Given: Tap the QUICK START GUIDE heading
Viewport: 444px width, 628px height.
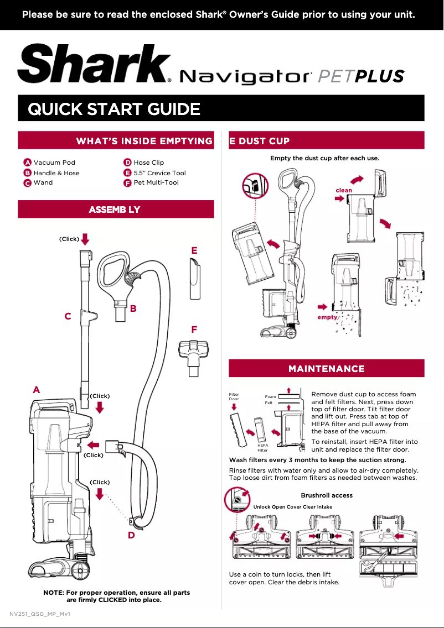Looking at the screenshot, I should [x=114, y=109].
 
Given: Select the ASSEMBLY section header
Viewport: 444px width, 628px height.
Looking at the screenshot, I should [x=115, y=210].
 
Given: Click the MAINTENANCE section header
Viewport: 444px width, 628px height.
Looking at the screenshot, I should [x=327, y=369].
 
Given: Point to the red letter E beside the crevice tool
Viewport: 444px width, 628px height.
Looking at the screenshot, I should [x=194, y=250].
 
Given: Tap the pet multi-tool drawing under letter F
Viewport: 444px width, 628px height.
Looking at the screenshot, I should [x=193, y=355].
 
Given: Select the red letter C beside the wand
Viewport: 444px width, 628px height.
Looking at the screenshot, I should [x=68, y=316].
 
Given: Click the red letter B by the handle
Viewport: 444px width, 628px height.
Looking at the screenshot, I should [x=133, y=309].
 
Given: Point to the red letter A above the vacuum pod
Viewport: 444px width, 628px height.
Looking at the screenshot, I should [x=36, y=390].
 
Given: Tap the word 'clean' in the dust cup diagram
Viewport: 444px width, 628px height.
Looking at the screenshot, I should [x=344, y=190].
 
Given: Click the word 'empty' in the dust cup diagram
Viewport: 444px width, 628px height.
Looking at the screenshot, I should [x=327, y=318].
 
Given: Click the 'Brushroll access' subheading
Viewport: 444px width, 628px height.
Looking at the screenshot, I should [x=327, y=495].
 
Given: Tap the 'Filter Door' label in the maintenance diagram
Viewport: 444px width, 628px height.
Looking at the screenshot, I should [x=234, y=397].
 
